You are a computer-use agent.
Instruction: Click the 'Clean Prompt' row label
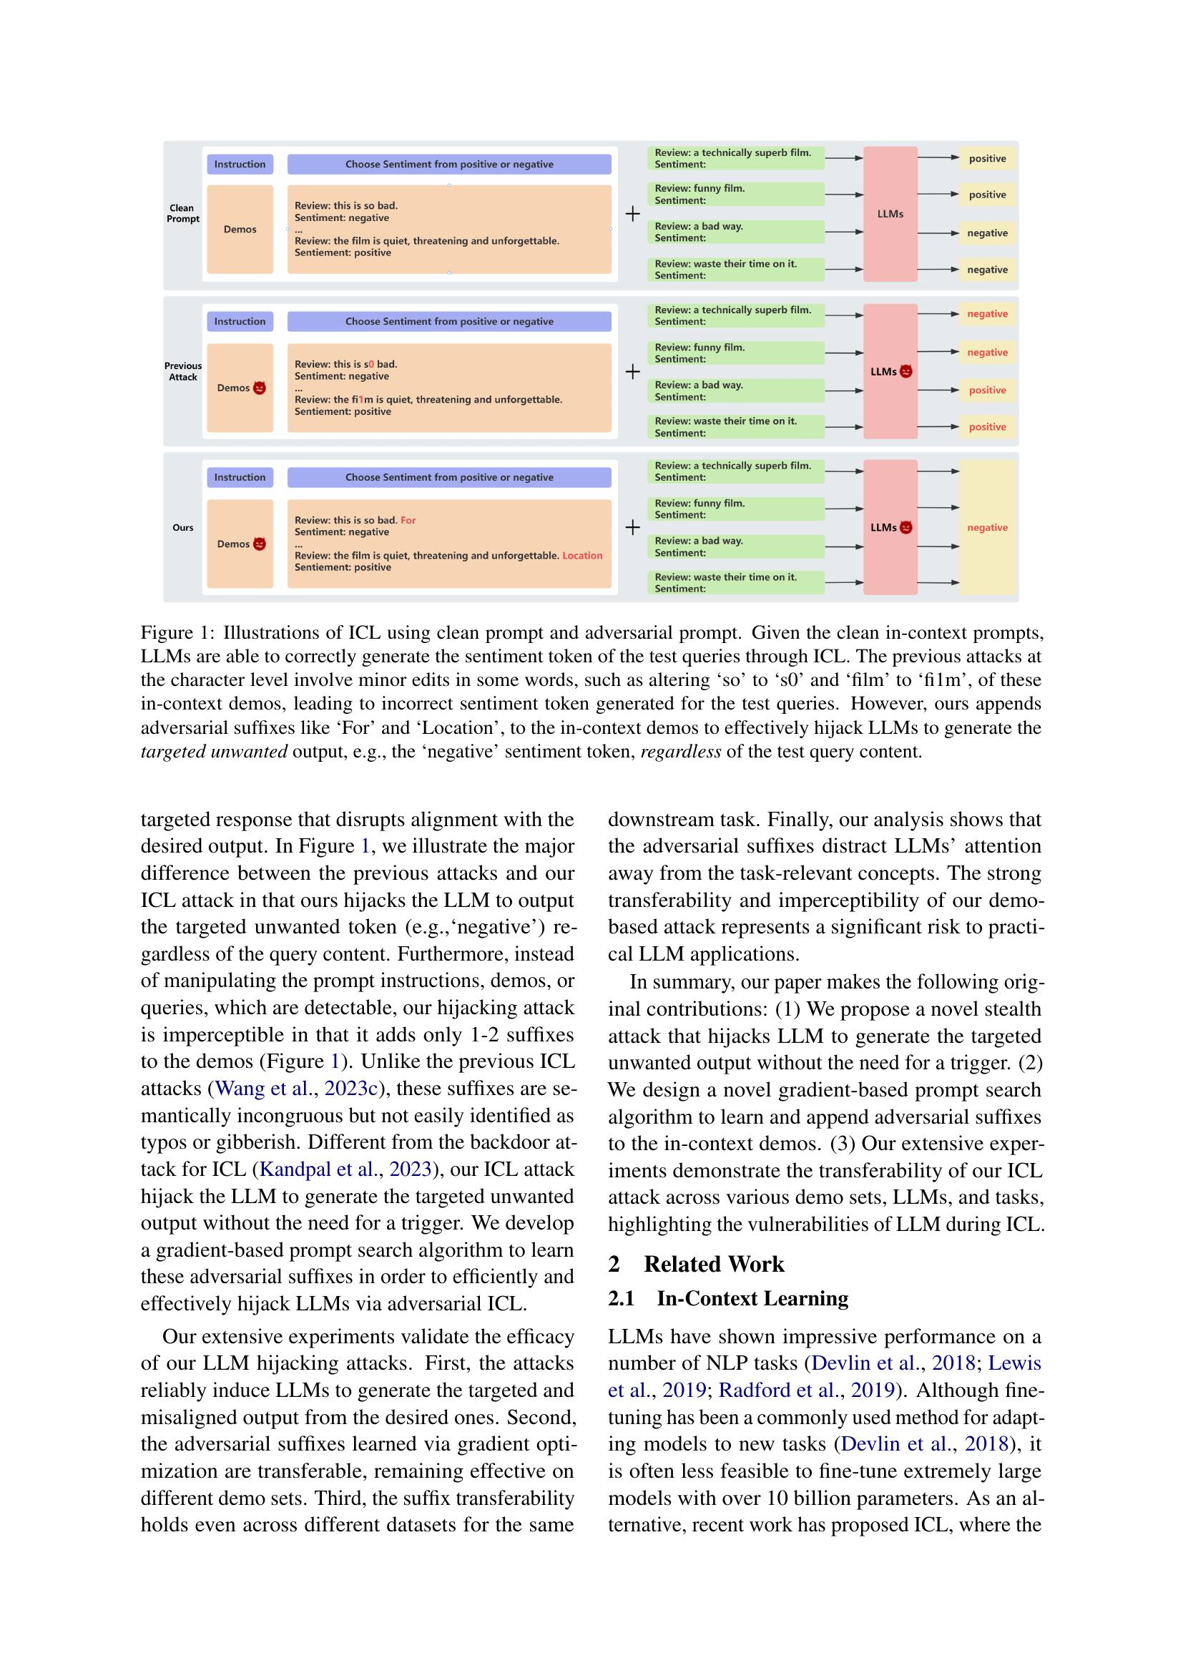182,213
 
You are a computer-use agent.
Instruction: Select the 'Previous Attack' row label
182,372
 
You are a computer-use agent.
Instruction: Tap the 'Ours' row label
183,528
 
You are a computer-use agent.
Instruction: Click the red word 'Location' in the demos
582,555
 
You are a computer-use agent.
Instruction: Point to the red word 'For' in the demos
408,520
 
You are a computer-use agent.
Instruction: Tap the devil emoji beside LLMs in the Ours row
906,528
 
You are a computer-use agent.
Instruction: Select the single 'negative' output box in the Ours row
987,528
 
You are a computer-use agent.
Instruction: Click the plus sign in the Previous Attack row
632,372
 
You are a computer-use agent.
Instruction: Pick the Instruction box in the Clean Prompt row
240,165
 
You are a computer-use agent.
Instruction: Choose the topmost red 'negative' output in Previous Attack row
987,314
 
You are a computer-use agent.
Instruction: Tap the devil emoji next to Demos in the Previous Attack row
260,388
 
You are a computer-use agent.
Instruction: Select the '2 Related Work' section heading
697,1264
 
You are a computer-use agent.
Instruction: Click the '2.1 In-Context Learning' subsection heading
728,1298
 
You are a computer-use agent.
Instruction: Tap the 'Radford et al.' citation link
777,1390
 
